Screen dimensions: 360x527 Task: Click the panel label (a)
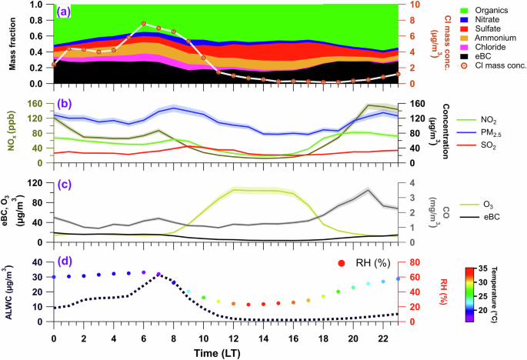pyautogui.click(x=63, y=12)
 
